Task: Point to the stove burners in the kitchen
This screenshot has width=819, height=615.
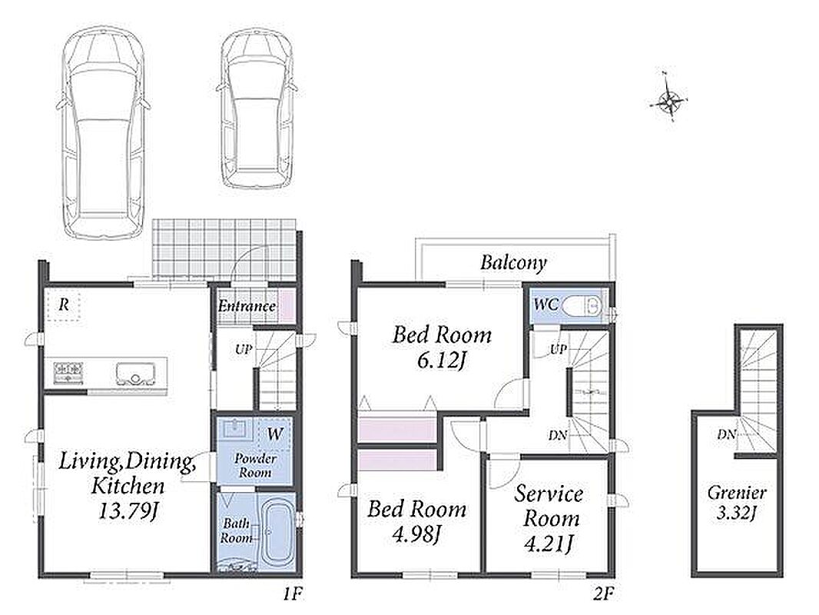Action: click(68, 374)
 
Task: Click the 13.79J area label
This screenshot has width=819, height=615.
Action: click(128, 511)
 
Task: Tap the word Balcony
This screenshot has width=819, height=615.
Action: click(513, 262)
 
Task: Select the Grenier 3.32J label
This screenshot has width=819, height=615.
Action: click(737, 502)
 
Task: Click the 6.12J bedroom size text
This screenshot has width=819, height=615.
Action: click(441, 361)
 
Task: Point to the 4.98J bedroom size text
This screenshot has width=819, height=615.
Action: click(416, 534)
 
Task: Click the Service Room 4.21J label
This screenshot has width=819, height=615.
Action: click(549, 518)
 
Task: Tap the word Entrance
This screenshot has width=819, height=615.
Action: click(247, 306)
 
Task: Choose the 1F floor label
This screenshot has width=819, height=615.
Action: click(293, 594)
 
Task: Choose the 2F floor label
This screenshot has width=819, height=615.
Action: click(603, 594)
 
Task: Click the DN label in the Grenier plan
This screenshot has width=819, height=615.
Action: click(726, 434)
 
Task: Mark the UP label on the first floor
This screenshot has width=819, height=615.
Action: click(244, 350)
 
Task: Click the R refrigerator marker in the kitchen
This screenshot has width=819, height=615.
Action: click(63, 304)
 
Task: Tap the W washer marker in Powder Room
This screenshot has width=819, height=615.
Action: click(275, 433)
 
